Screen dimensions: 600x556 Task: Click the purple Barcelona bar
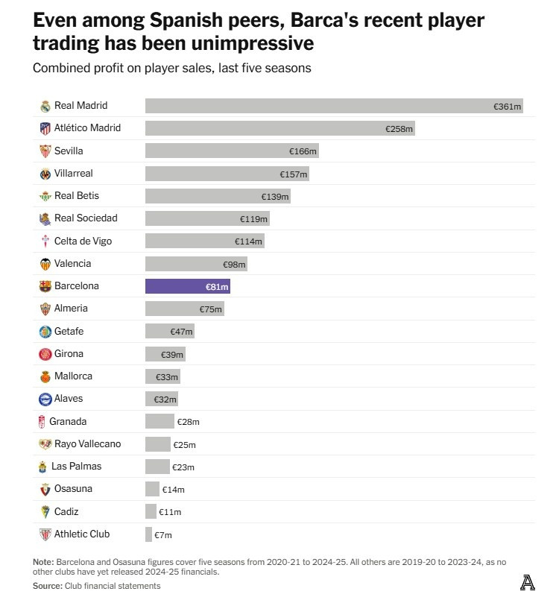click(187, 286)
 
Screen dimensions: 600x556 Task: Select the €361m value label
click(508, 107)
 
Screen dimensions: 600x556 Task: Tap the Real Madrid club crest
click(45, 106)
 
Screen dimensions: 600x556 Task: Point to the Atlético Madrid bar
click(279, 128)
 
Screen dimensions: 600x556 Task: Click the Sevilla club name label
click(69, 151)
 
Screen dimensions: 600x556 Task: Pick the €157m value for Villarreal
click(294, 174)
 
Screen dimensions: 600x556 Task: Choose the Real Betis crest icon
click(45, 196)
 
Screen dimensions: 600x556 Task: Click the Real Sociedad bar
click(206, 218)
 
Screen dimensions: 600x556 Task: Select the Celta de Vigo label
click(83, 241)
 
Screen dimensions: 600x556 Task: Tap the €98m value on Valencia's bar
click(234, 265)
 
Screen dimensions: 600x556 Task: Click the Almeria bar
click(183, 309)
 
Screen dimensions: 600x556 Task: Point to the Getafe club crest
click(45, 332)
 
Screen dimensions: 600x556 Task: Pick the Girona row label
click(69, 353)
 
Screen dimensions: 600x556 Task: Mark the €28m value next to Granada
click(189, 422)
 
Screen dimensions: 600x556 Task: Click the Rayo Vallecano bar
click(157, 444)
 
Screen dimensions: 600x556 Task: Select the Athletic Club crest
click(45, 534)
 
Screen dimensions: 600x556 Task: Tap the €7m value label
click(162, 535)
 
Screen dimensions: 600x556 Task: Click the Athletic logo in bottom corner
click(527, 582)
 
